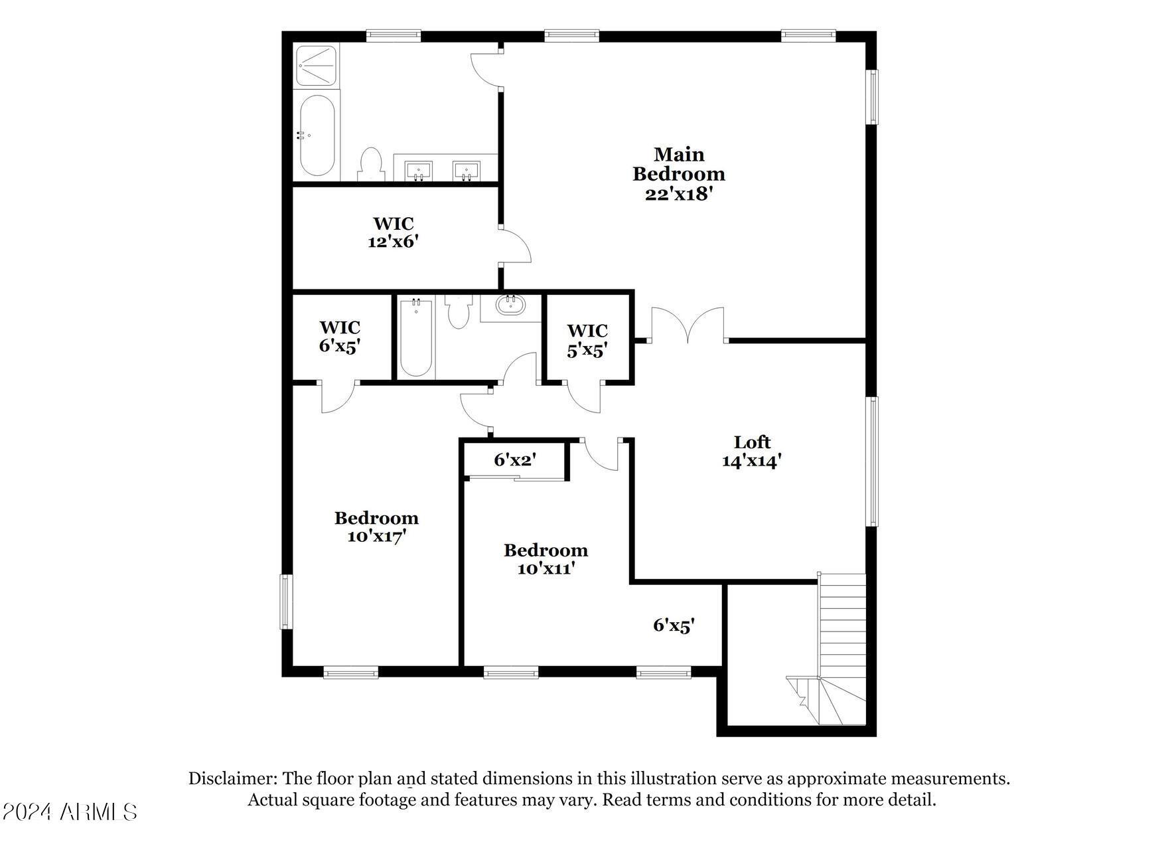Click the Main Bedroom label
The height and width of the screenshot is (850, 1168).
click(678, 173)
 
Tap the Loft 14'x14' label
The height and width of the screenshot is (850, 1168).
click(752, 452)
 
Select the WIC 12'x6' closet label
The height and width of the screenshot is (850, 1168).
click(394, 232)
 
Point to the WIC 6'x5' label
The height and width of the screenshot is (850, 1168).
click(340, 337)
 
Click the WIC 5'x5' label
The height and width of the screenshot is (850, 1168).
click(587, 340)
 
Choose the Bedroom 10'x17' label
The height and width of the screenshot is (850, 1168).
click(376, 527)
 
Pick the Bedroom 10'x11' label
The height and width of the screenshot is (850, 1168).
click(546, 559)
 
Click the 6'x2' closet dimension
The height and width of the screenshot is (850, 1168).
click(514, 460)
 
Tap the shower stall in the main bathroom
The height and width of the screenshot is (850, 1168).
click(317, 65)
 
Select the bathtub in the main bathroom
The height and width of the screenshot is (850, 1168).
click(317, 135)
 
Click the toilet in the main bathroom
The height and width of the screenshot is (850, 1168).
click(371, 165)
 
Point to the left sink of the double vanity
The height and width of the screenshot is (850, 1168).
click(418, 170)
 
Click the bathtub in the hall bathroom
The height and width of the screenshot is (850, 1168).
click(416, 339)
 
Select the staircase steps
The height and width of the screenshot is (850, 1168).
click(843, 624)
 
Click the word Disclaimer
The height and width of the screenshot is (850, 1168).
click(232, 778)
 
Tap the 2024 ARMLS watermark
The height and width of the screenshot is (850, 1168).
click(70, 811)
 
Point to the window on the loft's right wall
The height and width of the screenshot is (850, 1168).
click(874, 462)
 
